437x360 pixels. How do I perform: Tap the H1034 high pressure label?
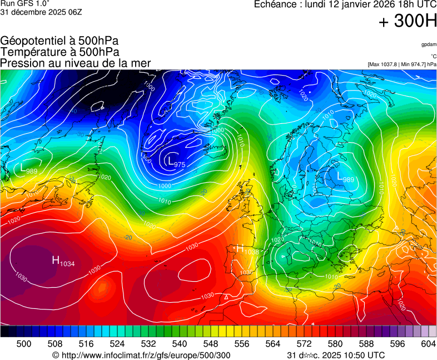[x=63, y=261]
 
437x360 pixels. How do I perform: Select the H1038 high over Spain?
[x=248, y=250]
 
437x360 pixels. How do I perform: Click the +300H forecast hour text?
[x=408, y=22]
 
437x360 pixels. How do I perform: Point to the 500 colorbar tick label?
[x=24, y=344]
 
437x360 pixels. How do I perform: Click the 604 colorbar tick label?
[x=428, y=344]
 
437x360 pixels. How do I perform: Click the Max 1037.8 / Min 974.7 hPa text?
[x=402, y=64]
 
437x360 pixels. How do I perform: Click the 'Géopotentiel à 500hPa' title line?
[x=59, y=41]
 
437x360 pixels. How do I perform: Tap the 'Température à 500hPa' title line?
[x=59, y=52]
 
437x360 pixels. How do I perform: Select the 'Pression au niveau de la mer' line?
[x=76, y=63]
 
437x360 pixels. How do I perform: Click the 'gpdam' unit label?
[x=428, y=44]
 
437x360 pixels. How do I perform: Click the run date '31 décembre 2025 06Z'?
[x=41, y=12]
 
